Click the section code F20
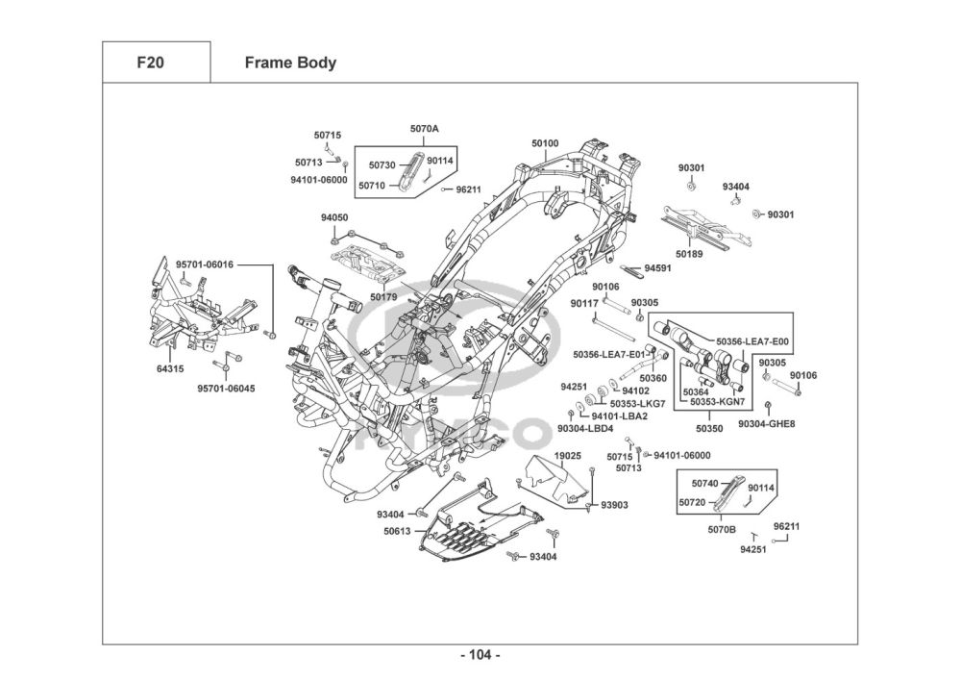coord(150,63)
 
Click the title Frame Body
coord(290,63)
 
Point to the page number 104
coord(480,655)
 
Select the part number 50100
coord(545,143)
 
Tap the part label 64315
coord(170,368)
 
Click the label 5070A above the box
coord(424,128)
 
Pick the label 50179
coord(383,297)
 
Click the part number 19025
coord(568,455)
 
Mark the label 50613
coord(397,531)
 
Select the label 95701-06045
coord(226,389)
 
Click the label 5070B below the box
coord(722,529)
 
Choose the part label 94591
coord(658,268)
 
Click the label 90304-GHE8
coord(767,423)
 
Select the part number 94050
coord(334,218)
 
